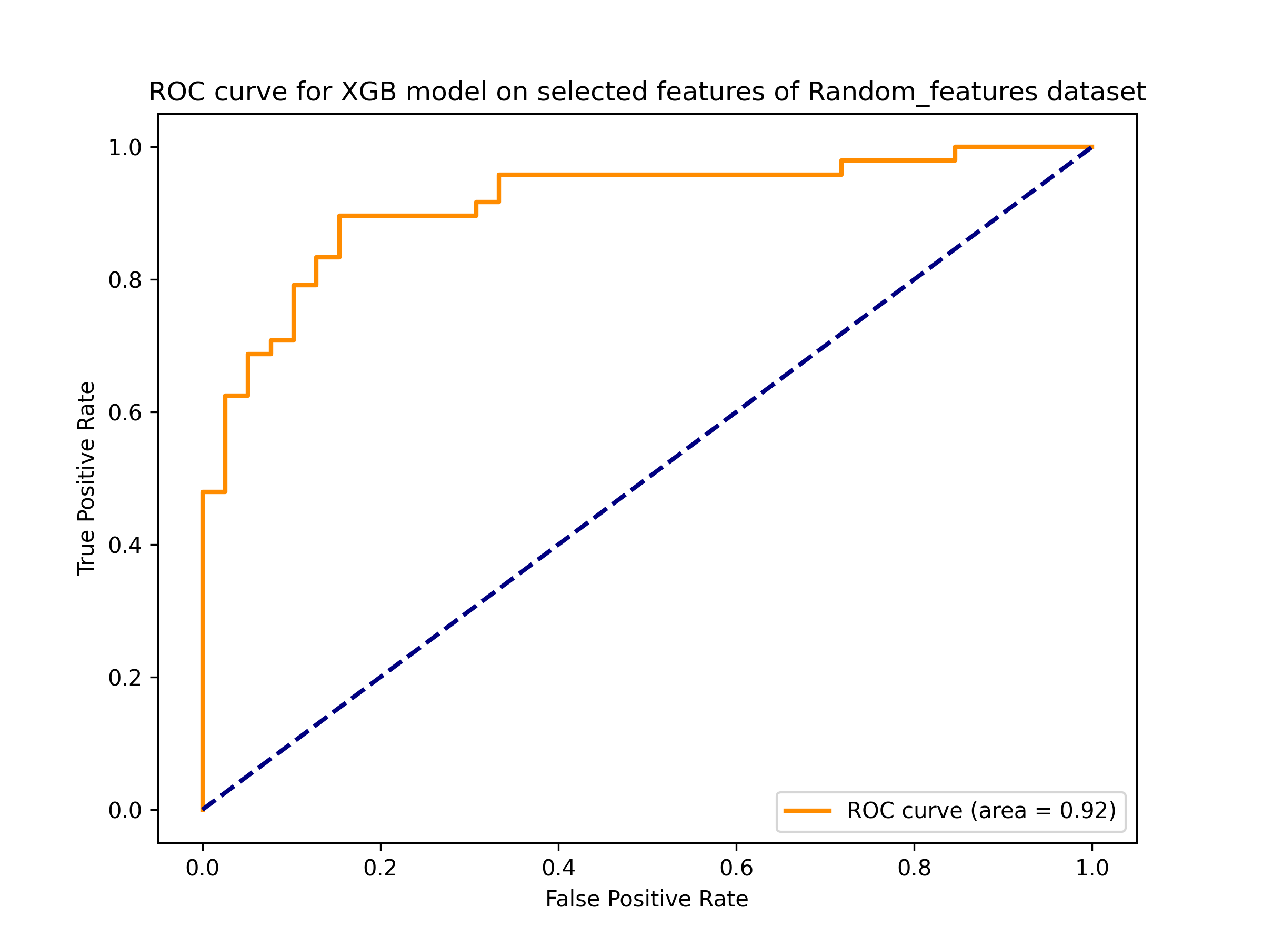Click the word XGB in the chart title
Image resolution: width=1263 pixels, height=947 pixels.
368,92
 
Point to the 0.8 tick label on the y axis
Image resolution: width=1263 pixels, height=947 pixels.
125,280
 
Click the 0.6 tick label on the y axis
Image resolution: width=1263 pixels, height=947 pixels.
125,412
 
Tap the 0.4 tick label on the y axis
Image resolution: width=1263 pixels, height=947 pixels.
125,545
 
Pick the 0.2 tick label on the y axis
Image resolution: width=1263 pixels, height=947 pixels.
125,678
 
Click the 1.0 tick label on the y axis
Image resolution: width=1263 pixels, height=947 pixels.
125,147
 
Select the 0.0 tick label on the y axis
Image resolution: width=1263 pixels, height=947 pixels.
125,810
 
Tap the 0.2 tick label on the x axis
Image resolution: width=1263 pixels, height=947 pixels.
380,868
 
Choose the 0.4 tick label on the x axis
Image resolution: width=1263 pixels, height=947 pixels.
558,868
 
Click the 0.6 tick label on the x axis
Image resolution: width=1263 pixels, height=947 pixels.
736,868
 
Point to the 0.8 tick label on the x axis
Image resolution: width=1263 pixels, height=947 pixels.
914,868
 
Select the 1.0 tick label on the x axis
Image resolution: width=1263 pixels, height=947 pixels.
1092,868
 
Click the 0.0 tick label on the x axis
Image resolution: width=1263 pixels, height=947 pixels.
203,868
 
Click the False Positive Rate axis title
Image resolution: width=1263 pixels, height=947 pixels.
646,899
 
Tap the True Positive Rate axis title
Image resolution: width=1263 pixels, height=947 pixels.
86,478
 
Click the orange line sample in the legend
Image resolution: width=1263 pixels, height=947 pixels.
807,811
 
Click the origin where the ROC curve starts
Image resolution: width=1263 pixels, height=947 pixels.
203,810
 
